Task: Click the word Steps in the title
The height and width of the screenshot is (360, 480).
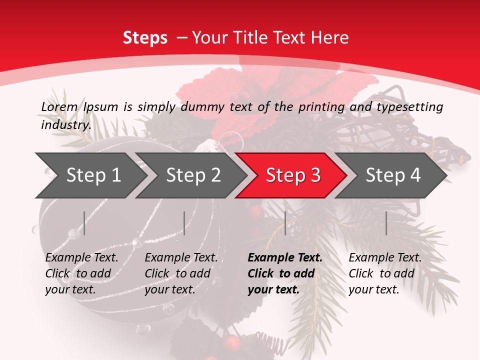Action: click(x=145, y=37)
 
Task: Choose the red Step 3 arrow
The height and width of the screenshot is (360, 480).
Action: click(x=293, y=175)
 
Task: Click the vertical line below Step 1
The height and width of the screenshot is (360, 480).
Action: click(x=84, y=223)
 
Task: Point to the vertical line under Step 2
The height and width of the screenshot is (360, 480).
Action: click(x=184, y=223)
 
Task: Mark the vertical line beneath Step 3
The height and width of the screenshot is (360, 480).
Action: click(x=285, y=223)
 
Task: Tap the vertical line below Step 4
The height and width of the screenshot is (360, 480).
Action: click(x=386, y=223)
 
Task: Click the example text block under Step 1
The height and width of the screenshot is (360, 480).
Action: click(x=81, y=273)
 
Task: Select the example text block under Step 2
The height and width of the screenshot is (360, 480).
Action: click(x=181, y=273)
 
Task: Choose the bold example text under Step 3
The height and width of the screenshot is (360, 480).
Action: click(x=285, y=273)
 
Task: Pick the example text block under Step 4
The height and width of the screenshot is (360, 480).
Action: click(x=385, y=273)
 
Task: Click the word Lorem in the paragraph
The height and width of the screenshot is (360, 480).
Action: click(x=59, y=106)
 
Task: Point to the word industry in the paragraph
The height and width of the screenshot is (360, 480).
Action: click(x=66, y=124)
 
